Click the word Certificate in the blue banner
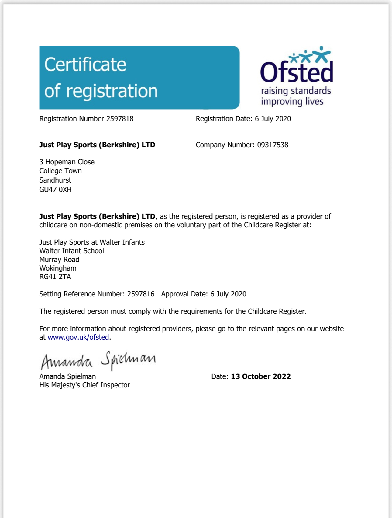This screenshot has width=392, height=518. [85, 65]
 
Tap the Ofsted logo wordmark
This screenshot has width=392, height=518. [296, 72]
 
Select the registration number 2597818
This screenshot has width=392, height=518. [120, 119]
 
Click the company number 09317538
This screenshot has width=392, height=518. [273, 145]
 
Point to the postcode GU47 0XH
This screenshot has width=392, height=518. [55, 190]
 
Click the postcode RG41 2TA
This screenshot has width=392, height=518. [55, 277]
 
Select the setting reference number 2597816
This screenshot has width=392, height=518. [141, 294]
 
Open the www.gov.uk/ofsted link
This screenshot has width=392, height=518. [78, 337]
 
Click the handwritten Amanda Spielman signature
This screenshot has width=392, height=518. [98, 361]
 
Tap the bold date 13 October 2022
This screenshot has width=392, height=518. [261, 376]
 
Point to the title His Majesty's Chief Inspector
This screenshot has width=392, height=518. [84, 385]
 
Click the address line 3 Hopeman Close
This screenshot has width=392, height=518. [67, 162]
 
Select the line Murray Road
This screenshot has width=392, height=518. [59, 260]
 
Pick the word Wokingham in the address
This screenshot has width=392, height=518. [58, 268]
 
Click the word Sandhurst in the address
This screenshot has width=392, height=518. [55, 180]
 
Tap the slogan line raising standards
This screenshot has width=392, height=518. [296, 91]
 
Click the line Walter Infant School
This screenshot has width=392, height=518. [71, 251]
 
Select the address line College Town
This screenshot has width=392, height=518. [60, 171]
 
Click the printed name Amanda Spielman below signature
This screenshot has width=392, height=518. [67, 376]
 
